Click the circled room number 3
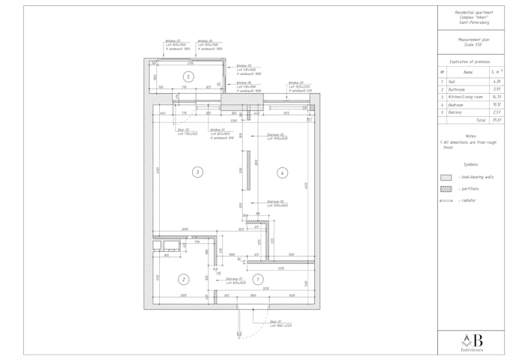coord(197,172)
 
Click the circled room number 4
coord(282,172)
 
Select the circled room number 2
coord(183,279)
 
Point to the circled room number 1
coord(259,279)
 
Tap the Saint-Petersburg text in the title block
coord(473,22)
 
